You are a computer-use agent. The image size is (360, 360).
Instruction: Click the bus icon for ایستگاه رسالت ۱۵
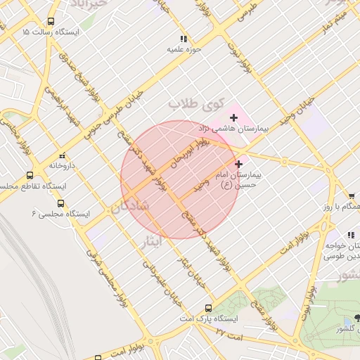(x=51, y=22)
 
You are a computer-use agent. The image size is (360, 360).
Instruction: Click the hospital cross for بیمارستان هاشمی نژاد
(x=233, y=117)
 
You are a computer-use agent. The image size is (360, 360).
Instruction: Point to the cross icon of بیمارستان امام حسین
(x=238, y=163)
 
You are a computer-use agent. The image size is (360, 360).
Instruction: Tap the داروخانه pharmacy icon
(x=62, y=155)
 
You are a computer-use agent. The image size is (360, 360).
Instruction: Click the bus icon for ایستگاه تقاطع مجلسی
(x=30, y=175)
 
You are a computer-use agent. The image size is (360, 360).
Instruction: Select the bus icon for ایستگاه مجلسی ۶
(x=60, y=203)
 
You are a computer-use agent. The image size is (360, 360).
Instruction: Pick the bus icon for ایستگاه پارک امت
(x=208, y=308)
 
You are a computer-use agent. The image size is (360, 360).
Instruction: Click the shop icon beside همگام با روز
(x=351, y=195)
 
